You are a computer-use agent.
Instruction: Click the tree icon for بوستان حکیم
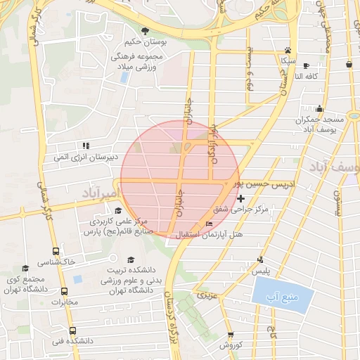145,30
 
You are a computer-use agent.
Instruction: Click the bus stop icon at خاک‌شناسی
55,251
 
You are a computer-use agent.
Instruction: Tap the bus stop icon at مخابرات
65,291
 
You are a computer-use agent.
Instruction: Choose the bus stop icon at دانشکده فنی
73,330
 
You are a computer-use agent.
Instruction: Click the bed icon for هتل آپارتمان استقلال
207,224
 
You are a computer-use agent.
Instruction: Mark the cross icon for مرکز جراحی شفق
241,199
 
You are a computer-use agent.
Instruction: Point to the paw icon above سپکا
288,49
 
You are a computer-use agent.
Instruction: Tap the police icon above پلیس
261,259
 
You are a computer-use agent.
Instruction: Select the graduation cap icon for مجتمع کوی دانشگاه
25,269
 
